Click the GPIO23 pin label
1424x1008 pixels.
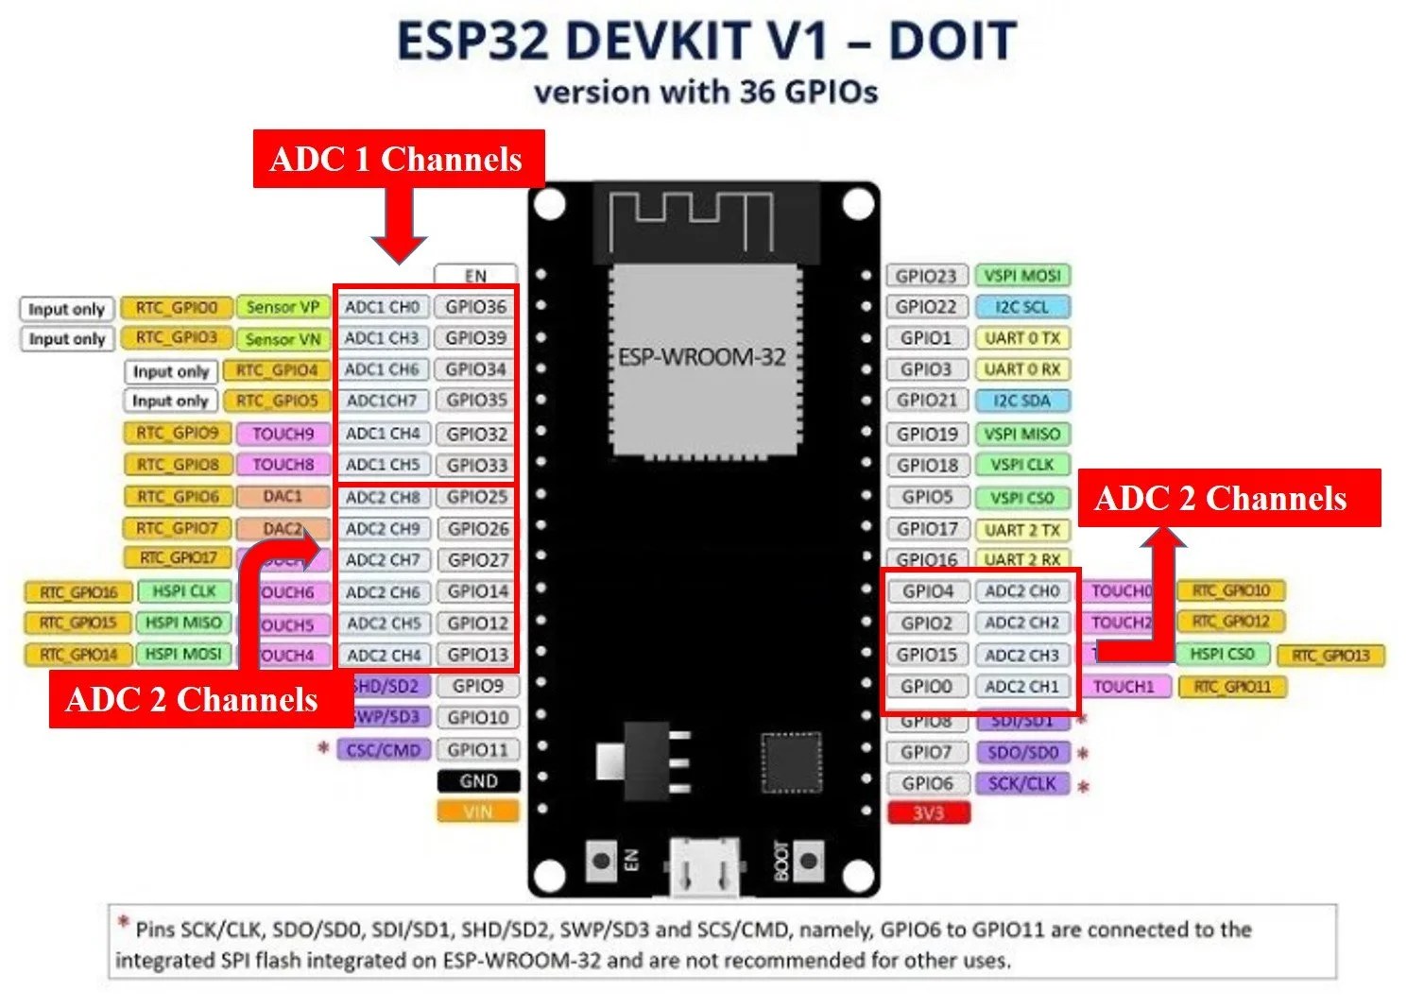point(926,276)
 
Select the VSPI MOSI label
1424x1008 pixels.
point(1022,276)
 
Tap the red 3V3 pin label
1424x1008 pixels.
point(928,812)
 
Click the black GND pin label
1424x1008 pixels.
point(478,781)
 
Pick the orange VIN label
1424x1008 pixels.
point(478,812)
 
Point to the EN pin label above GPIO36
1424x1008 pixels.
point(475,276)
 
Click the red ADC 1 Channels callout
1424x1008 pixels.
point(398,159)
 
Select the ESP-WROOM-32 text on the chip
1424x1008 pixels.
point(701,357)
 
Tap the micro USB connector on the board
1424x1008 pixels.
point(704,866)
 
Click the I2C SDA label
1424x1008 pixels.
point(1022,401)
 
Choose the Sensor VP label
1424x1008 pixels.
point(283,307)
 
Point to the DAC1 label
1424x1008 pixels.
point(283,496)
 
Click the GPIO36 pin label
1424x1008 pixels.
point(476,307)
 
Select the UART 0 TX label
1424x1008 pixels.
point(1022,338)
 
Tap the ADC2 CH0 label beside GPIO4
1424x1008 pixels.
point(1022,591)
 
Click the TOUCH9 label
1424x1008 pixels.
point(283,434)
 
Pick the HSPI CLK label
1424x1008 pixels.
point(184,591)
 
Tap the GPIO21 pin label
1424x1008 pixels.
point(926,401)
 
